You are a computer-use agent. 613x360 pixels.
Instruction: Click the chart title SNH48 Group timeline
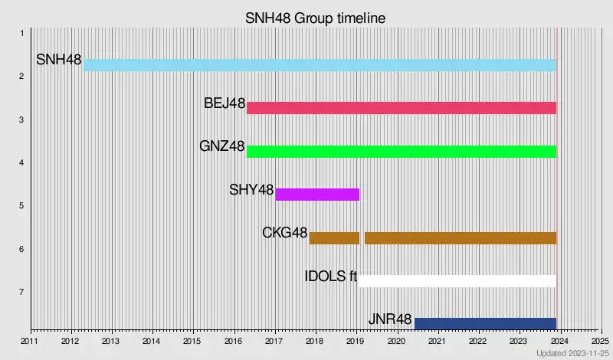[x=315, y=16]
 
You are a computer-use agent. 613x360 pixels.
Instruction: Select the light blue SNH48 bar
[x=320, y=65]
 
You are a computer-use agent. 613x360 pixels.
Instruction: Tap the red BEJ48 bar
[x=401, y=108]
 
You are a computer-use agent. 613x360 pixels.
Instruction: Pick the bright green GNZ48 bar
[x=401, y=151]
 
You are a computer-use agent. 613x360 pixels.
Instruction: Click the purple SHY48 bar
[x=317, y=195]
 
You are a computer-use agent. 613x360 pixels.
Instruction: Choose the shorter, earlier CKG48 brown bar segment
[x=334, y=237]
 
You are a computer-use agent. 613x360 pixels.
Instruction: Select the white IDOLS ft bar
[x=457, y=280]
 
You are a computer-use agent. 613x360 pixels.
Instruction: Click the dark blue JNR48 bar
[x=485, y=323]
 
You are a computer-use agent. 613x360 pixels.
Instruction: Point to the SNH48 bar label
[x=59, y=60]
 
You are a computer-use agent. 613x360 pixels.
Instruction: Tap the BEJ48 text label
[x=225, y=103]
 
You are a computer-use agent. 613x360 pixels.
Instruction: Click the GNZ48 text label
[x=222, y=146]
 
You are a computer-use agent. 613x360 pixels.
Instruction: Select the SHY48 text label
[x=251, y=189]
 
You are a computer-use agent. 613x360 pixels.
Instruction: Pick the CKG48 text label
[x=284, y=232]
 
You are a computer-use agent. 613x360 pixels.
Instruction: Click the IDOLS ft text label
[x=331, y=276]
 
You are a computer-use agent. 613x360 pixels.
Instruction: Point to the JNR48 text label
[x=390, y=319]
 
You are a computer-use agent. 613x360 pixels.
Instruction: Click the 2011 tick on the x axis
[x=29, y=341]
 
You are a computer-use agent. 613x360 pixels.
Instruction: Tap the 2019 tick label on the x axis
[x=356, y=341]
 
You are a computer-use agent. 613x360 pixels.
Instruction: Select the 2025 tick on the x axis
[x=600, y=341]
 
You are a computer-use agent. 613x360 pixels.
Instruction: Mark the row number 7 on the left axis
[x=22, y=292]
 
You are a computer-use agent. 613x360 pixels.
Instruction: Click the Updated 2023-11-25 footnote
[x=571, y=354]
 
